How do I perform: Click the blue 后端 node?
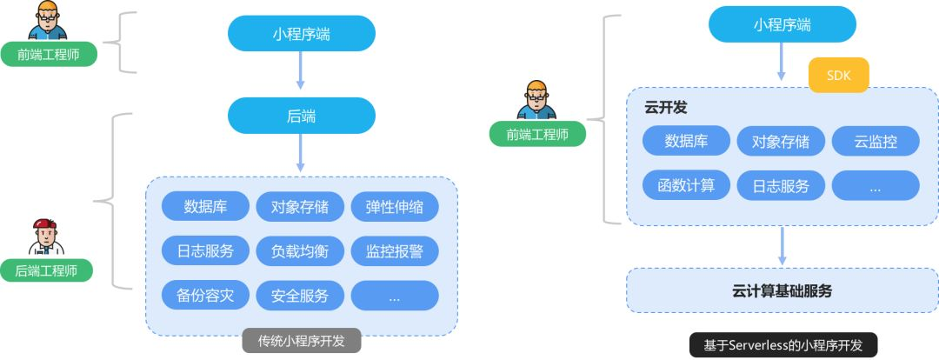tap(301, 115)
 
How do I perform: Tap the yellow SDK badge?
tap(838, 76)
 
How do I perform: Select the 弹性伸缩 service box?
tap(395, 208)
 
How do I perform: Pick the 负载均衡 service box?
tap(300, 251)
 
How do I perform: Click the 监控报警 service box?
tap(395, 251)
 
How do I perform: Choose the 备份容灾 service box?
tap(205, 296)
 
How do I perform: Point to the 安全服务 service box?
tap(300, 296)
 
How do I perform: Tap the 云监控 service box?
tap(876, 142)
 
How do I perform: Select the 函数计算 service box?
tap(686, 185)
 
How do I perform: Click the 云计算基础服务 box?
tap(782, 290)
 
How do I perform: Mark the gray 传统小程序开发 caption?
tap(301, 341)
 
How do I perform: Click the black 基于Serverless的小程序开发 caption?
tap(783, 344)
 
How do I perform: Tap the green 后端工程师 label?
tap(47, 270)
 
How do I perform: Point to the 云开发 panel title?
tap(665, 107)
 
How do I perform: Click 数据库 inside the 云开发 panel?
tap(686, 142)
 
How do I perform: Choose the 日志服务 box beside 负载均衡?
tap(205, 251)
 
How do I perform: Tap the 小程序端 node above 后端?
tap(301, 33)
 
